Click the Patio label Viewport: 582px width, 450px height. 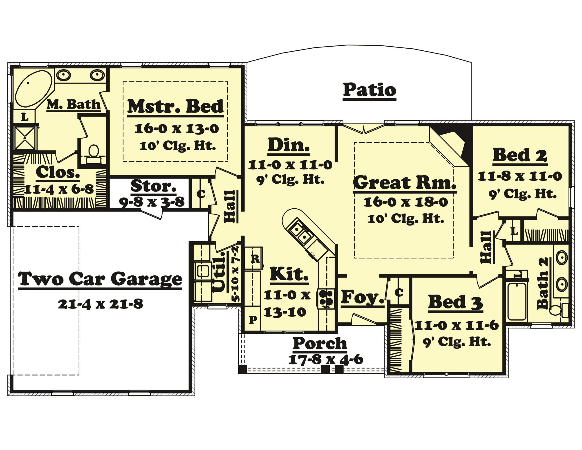point(369,90)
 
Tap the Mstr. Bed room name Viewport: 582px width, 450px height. point(175,107)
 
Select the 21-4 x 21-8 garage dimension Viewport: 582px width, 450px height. point(101,304)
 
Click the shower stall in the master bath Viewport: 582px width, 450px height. point(25,138)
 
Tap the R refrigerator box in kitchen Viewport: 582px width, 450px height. point(255,258)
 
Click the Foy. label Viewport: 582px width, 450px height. point(363,297)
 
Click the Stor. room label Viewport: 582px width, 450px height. point(153,186)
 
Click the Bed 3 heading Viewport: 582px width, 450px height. point(455,302)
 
